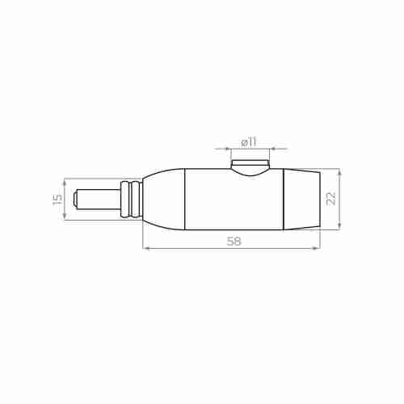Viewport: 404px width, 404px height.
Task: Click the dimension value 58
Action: (x=234, y=240)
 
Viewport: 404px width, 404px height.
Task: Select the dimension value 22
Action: (x=330, y=199)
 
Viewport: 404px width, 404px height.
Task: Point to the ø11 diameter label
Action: (x=248, y=141)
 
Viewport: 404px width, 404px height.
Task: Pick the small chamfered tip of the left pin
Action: (x=75, y=199)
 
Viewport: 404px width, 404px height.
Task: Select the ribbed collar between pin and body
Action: (x=130, y=199)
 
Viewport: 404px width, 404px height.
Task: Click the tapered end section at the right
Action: (x=301, y=199)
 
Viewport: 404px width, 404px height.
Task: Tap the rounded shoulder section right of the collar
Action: (x=165, y=199)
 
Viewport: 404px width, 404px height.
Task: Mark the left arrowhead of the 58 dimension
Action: (x=145, y=248)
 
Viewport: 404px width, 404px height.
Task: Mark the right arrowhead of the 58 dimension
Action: (x=318, y=248)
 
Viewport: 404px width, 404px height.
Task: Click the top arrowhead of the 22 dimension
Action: (x=340, y=172)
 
